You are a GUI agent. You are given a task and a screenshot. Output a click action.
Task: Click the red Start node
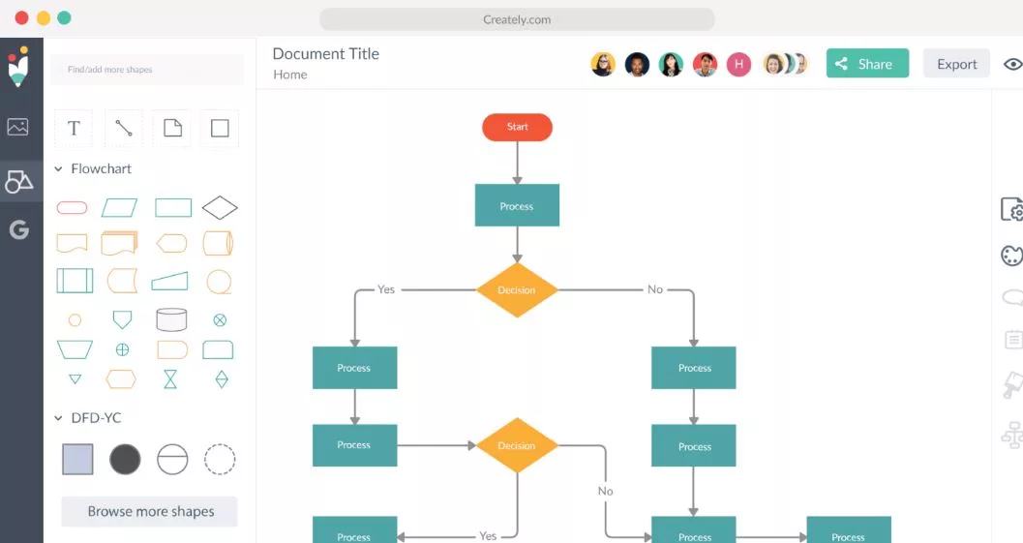518,127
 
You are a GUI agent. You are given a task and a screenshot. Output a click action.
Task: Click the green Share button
867,63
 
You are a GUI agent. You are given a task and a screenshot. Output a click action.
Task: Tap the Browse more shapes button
149,512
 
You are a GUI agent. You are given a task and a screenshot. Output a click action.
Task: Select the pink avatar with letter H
738,64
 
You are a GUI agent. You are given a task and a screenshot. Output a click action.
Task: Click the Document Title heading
325,53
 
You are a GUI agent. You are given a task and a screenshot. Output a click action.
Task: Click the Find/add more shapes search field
147,69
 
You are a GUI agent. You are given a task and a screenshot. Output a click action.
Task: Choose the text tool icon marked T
74,128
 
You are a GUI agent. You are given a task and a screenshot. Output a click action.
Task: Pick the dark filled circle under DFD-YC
125,459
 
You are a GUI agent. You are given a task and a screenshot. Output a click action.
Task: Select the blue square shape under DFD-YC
77,459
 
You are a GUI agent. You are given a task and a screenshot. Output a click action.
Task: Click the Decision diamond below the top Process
517,289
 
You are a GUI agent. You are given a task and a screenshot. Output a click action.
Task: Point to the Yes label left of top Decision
386,289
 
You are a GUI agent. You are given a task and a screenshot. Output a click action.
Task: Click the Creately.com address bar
517,19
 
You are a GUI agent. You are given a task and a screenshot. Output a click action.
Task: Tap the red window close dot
21,17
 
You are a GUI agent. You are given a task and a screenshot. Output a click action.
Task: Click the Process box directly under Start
517,205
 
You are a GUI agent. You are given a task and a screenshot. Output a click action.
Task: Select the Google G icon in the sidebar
19,229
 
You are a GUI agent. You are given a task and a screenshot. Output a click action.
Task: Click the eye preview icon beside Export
1013,64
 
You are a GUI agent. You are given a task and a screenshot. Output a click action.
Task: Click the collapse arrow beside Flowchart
58,169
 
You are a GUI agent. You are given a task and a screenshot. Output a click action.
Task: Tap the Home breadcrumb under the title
289,75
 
